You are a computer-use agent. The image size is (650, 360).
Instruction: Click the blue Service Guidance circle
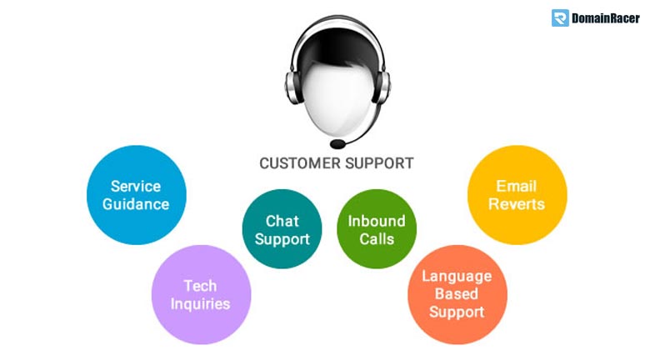(137, 195)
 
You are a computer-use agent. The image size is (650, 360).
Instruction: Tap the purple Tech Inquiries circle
(201, 294)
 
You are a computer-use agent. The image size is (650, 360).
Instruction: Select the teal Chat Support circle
(282, 229)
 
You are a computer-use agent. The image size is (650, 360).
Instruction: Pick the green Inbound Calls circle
(377, 229)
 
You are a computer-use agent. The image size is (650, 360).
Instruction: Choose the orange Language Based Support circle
(457, 294)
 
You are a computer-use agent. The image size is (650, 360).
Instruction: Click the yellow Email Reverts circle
(517, 195)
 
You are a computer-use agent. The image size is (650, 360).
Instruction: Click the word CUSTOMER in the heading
(300, 163)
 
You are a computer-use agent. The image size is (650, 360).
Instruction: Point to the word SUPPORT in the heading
(379, 163)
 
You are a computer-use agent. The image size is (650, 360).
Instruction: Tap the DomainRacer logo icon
(560, 18)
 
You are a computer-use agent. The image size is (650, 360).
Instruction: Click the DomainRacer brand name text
(606, 18)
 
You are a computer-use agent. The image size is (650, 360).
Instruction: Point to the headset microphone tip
(337, 144)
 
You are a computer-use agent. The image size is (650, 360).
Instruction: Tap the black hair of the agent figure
(337, 46)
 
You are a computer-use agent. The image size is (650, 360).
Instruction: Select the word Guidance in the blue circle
(136, 204)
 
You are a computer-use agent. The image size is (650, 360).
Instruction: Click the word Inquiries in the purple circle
(200, 304)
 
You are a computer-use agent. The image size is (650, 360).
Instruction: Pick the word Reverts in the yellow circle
(517, 204)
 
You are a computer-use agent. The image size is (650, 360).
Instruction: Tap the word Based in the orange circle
(457, 294)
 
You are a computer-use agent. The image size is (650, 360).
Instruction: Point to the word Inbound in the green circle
(377, 221)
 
